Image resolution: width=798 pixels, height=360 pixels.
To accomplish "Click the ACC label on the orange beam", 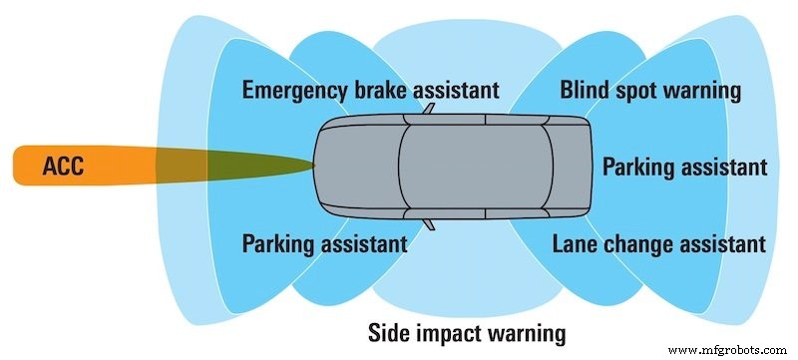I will click(x=63, y=167).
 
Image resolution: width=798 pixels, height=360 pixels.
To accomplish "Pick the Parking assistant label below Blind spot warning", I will click(x=683, y=167).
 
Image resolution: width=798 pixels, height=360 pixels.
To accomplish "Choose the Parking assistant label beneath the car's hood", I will click(x=324, y=242).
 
